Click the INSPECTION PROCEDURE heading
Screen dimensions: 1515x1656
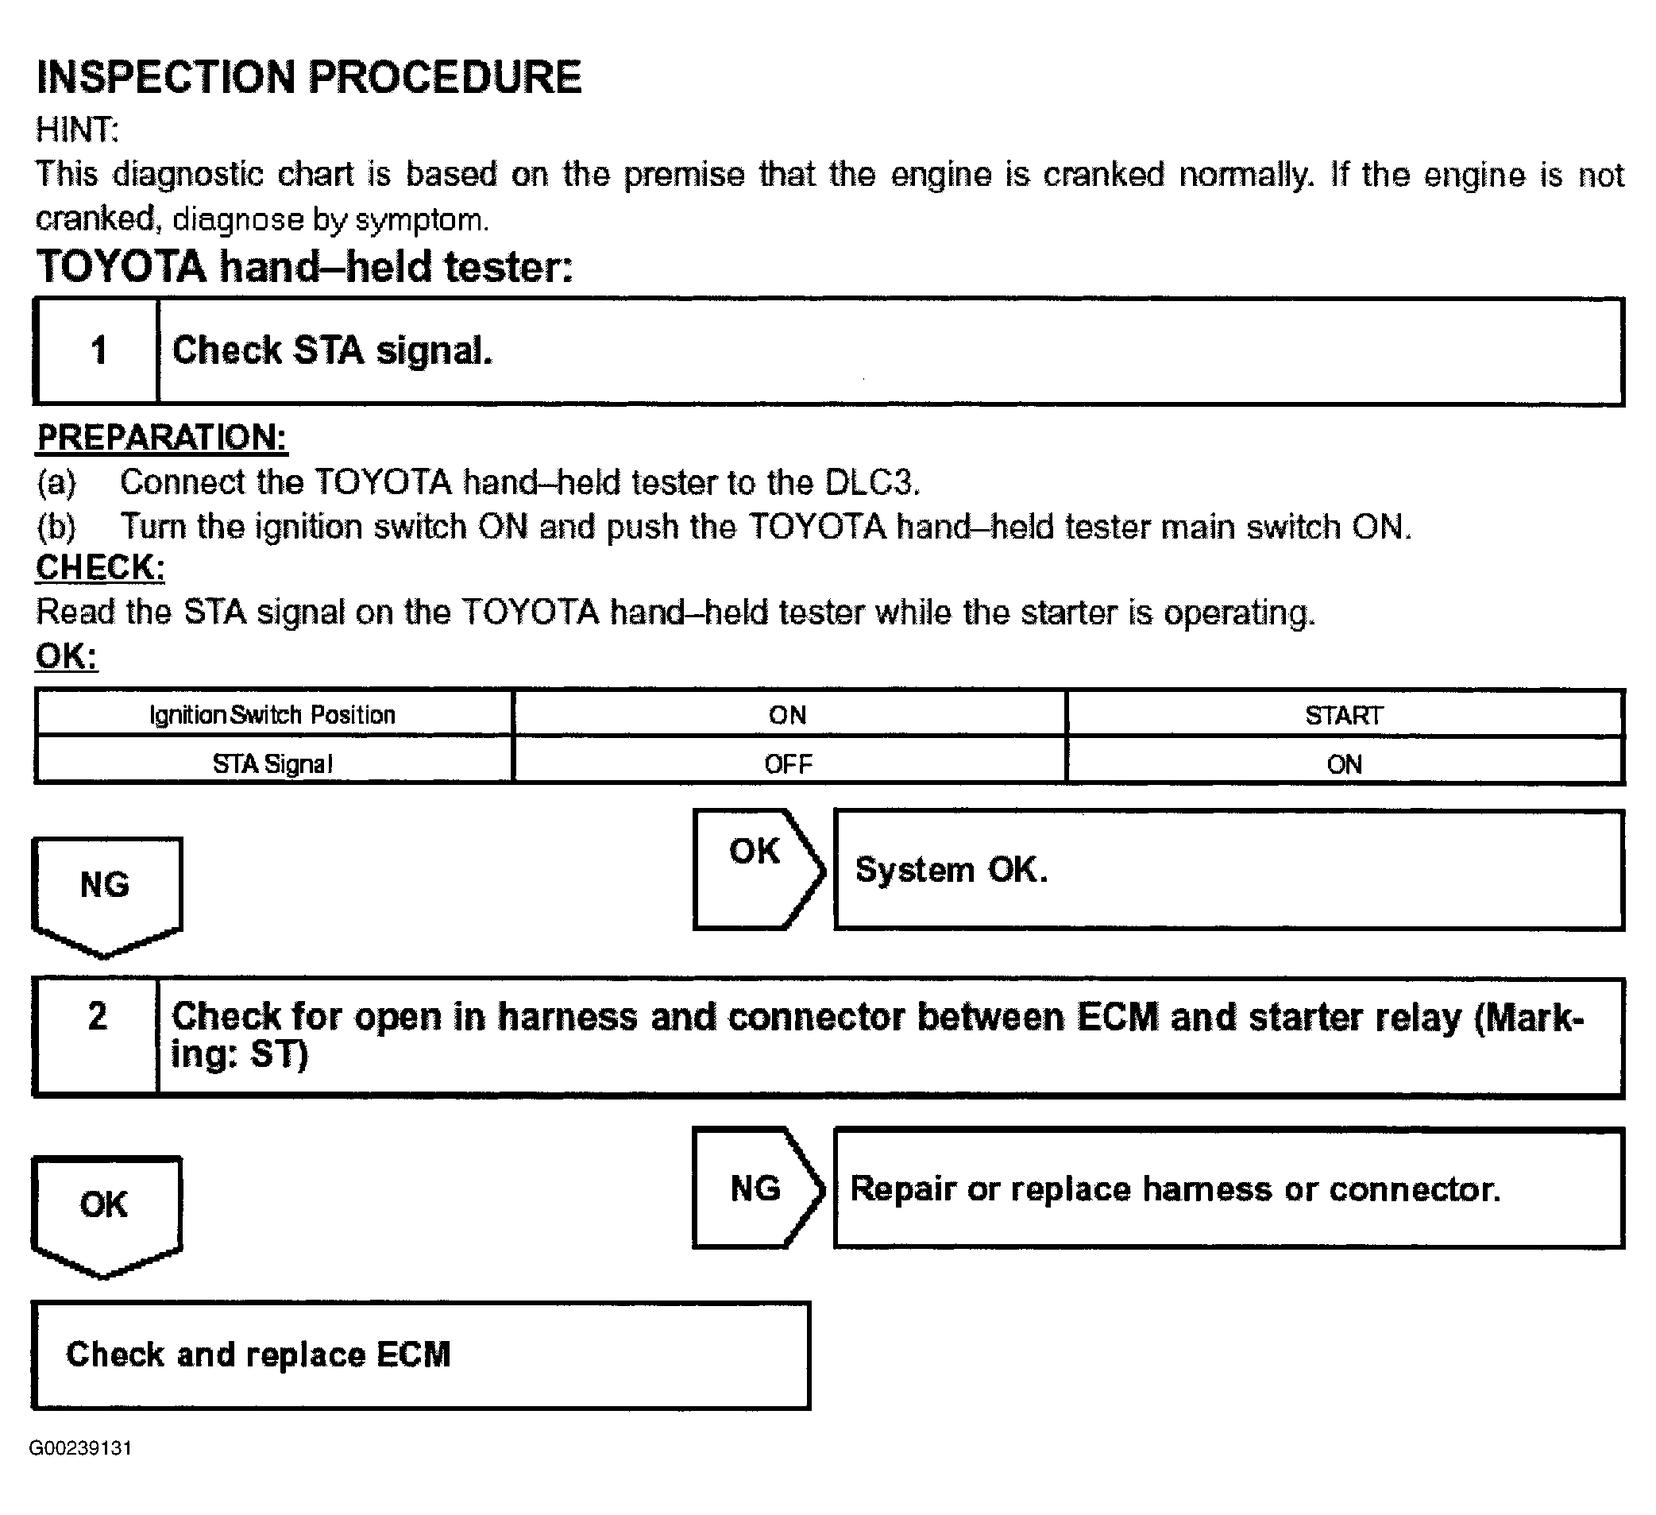pyautogui.click(x=309, y=78)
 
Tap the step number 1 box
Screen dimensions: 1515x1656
pyautogui.click(x=98, y=351)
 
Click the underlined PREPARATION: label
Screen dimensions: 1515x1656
pyautogui.click(x=162, y=438)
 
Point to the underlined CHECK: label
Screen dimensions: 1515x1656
pyautogui.click(x=100, y=568)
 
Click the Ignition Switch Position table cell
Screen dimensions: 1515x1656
pyautogui.click(x=273, y=715)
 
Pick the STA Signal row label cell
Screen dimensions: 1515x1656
pyautogui.click(x=273, y=764)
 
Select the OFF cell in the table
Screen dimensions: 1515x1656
pyautogui.click(x=789, y=764)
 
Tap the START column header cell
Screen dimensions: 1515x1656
pyautogui.click(x=1344, y=715)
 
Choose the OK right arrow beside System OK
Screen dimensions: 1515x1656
pyautogui.click(x=755, y=868)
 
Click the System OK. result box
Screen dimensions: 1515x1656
pyautogui.click(x=1228, y=869)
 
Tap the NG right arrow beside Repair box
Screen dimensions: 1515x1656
pyautogui.click(x=755, y=1188)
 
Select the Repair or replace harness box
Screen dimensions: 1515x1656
pyautogui.click(x=1228, y=1188)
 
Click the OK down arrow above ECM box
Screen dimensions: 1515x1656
pyautogui.click(x=106, y=1212)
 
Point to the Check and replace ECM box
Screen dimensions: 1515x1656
pyautogui.click(x=421, y=1355)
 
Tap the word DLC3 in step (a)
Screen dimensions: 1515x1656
pyautogui.click(x=870, y=482)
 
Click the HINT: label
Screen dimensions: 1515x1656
pyautogui.click(x=77, y=129)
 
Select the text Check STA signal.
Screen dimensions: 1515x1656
pyautogui.click(x=333, y=351)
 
